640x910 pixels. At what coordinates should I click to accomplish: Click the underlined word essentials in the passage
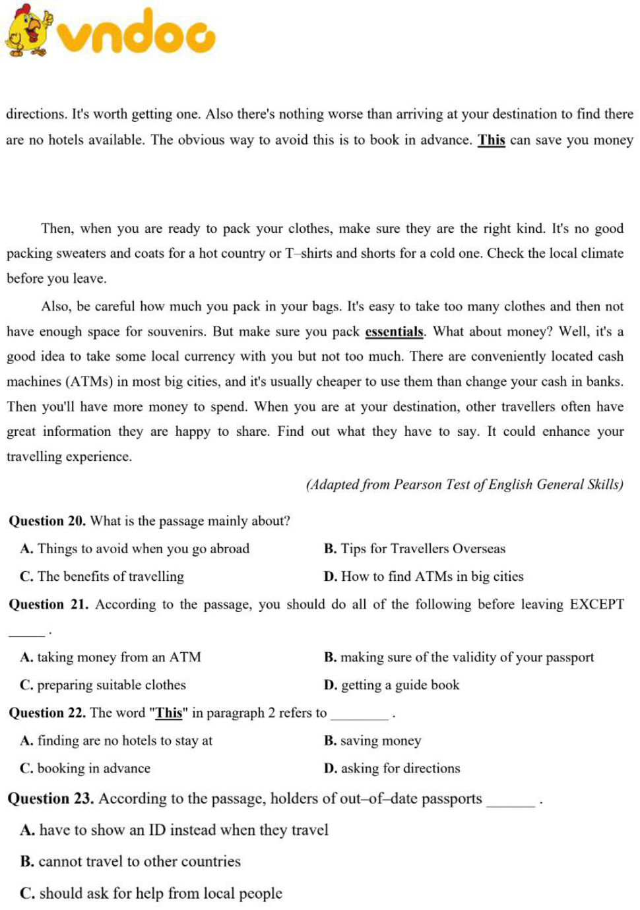[x=394, y=332]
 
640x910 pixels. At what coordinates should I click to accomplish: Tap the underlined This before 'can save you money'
[x=491, y=140]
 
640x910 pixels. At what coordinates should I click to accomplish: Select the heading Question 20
[x=47, y=521]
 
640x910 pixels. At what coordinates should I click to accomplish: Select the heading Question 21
[x=48, y=604]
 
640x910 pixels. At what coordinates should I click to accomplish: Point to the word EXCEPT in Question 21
[x=596, y=604]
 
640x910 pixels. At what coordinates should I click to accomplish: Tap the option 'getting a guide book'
[x=392, y=685]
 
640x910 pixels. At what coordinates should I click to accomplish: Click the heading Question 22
[x=47, y=713]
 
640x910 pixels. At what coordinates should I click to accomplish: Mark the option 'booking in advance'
[x=86, y=768]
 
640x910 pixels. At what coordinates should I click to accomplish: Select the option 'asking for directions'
[x=393, y=768]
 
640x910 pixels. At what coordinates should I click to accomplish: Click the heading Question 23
[x=50, y=799]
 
